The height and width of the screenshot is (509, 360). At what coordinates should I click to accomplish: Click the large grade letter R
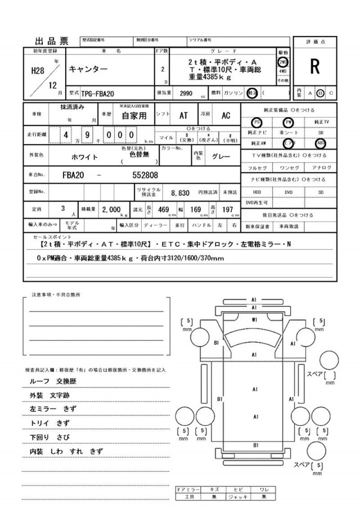coord(315,67)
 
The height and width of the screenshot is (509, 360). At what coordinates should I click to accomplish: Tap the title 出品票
coord(52,40)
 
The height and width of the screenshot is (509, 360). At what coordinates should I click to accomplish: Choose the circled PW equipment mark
coord(289,121)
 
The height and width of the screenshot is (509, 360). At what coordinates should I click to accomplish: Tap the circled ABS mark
coord(321,143)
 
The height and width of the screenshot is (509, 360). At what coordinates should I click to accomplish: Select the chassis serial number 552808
coord(145,174)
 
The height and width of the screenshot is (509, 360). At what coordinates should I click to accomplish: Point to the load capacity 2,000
coord(112,209)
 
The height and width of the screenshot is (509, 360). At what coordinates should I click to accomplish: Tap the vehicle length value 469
coord(164,209)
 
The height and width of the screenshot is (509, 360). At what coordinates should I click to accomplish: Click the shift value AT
coord(183,115)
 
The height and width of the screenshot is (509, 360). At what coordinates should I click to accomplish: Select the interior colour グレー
coord(221,156)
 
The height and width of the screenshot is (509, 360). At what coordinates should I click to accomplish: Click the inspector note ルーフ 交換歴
coord(49,381)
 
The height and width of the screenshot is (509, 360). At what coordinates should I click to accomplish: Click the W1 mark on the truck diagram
coord(254,319)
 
